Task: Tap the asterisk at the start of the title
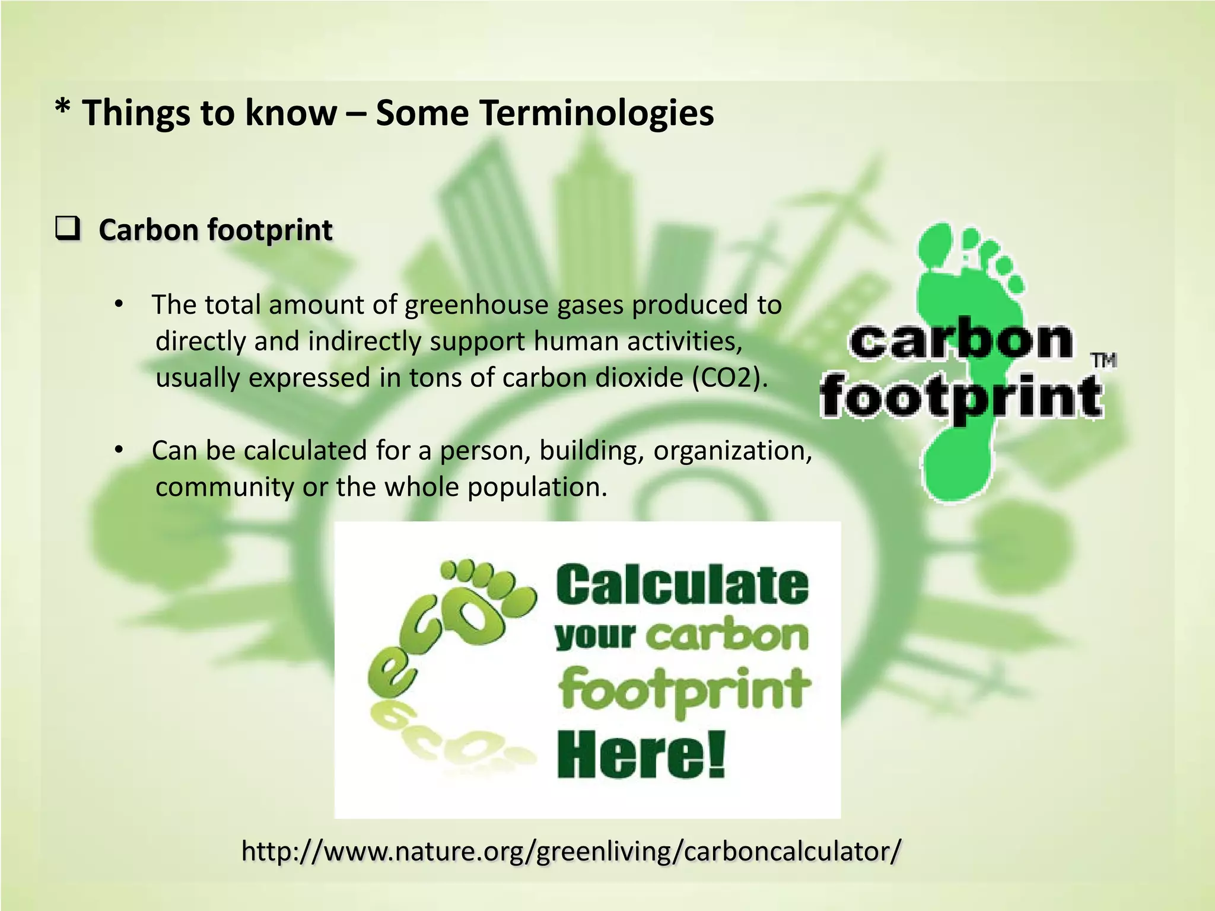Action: [x=61, y=109]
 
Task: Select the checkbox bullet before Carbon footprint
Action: [x=68, y=229]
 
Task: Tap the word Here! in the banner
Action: [x=641, y=754]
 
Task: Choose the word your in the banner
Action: [x=594, y=636]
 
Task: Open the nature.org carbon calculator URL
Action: [x=571, y=851]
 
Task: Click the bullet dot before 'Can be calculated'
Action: [x=119, y=451]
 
